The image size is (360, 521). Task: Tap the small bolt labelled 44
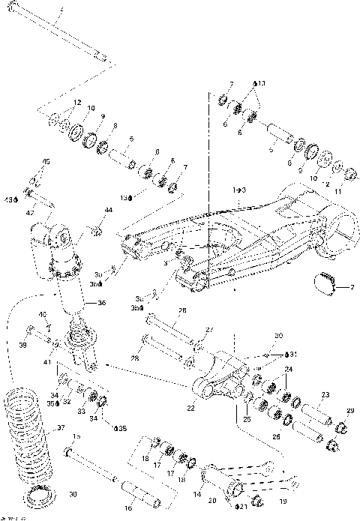[95, 230]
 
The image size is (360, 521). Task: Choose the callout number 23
[325, 395]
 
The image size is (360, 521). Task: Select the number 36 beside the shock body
[102, 303]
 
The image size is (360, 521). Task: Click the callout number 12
[76, 102]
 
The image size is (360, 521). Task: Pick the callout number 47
[31, 214]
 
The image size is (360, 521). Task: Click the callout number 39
[22, 346]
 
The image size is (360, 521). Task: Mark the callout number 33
[82, 412]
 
